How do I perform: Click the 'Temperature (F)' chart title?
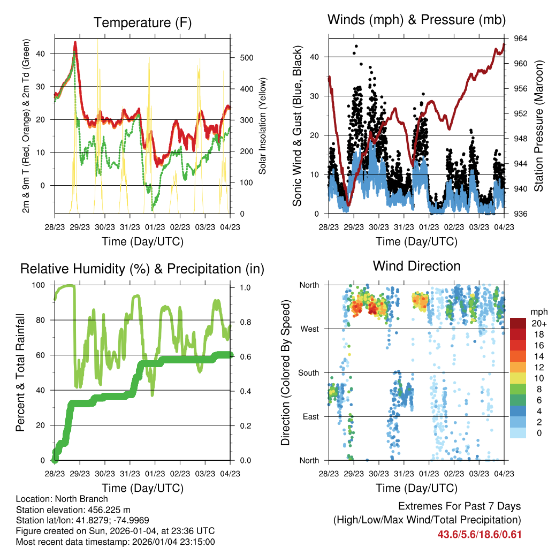click(142, 22)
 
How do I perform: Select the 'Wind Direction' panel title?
click(416, 266)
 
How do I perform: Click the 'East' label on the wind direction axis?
click(309, 416)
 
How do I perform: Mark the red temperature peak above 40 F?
click(75, 42)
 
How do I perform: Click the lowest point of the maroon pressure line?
click(348, 204)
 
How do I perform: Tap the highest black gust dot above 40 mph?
click(356, 47)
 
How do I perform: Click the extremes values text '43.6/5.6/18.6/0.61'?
click(479, 534)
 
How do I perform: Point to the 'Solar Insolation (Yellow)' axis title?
click(262, 126)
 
